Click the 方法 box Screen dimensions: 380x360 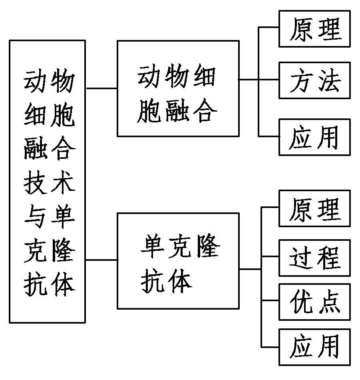[x=314, y=80]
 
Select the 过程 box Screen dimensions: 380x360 [x=314, y=258]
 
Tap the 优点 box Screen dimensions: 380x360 [x=314, y=302]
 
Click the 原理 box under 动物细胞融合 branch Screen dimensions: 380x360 [x=314, y=29]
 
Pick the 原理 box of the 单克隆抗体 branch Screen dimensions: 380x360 [x=314, y=208]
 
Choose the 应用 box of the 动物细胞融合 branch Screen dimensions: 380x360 [x=314, y=137]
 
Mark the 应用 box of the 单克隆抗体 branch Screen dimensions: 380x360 [x=314, y=347]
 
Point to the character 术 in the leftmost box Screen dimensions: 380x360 [x=62, y=185]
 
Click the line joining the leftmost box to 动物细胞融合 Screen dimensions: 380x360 [x=101, y=88]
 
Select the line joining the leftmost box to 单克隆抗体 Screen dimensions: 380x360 [x=101, y=260]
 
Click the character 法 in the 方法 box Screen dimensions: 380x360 [x=329, y=80]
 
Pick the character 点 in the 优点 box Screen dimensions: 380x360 [x=329, y=302]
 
